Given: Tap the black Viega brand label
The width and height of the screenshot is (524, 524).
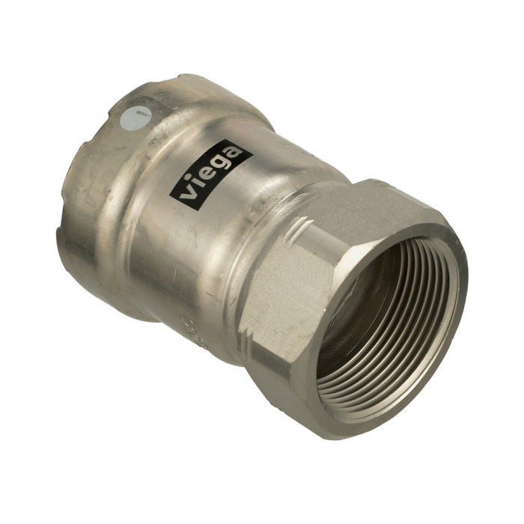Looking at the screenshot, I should pyautogui.click(x=210, y=171).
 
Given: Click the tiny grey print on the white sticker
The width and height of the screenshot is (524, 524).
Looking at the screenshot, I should pyautogui.click(x=136, y=115).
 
